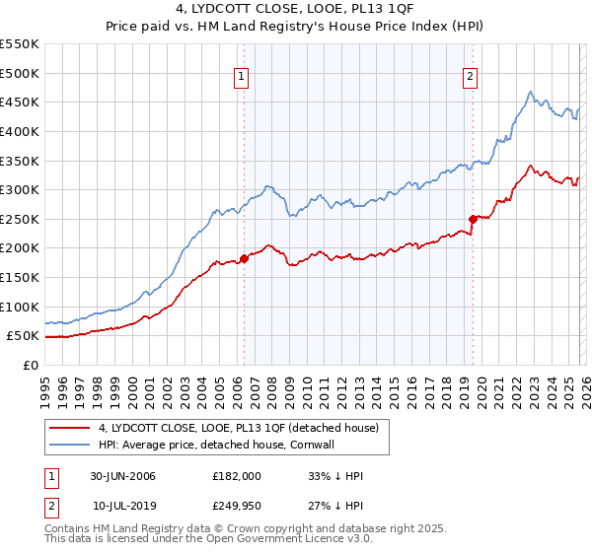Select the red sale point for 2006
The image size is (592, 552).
(x=244, y=258)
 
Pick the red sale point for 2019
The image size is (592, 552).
(x=473, y=219)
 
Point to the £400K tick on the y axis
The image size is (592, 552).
(x=20, y=131)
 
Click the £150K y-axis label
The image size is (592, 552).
(x=20, y=277)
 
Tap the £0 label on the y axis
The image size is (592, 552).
(x=31, y=365)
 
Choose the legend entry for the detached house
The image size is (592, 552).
(x=245, y=428)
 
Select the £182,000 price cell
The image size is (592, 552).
(x=236, y=476)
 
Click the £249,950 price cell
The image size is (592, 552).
(x=236, y=506)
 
